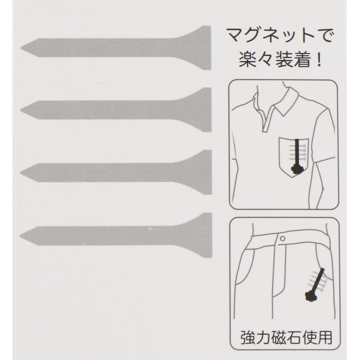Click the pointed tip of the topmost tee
[21, 48]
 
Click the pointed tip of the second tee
[21, 110]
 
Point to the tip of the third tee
[21, 173]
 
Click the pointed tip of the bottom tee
[21, 236]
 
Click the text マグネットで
[280, 36]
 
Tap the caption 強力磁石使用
[286, 337]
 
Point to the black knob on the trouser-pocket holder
[311, 296]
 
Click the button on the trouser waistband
[283, 239]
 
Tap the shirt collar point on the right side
[287, 115]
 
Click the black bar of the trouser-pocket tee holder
[318, 280]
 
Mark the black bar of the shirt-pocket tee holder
[298, 153]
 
